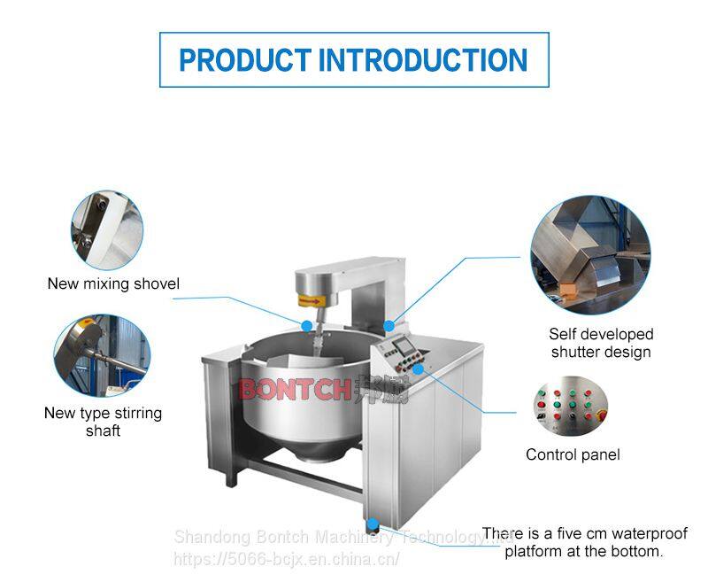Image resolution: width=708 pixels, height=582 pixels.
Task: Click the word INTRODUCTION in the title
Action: point(423,60)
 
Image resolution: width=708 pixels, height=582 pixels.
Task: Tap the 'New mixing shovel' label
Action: point(113,284)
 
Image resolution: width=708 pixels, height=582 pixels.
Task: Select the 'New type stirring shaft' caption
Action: point(104,422)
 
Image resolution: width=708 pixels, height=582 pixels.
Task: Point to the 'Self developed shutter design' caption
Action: point(601,343)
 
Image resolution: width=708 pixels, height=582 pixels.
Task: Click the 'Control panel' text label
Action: point(573,454)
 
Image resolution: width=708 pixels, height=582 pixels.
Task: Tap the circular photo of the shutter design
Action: point(590,256)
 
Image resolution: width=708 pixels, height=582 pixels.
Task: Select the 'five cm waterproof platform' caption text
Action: point(584,542)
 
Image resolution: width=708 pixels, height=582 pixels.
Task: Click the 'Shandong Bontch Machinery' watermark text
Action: point(292,537)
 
